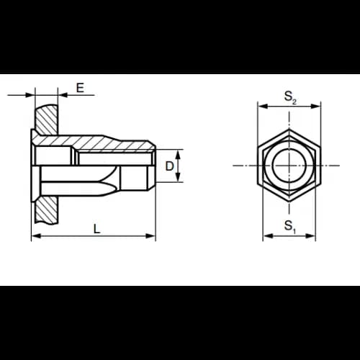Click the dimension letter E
(80, 88)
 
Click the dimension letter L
(96, 229)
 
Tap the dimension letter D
(169, 166)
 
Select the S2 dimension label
(290, 97)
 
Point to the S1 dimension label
(290, 227)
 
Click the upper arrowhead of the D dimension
(178, 154)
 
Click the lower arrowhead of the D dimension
(178, 177)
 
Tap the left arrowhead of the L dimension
(36, 236)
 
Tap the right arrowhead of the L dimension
(150, 236)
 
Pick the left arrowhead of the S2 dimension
(263, 107)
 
